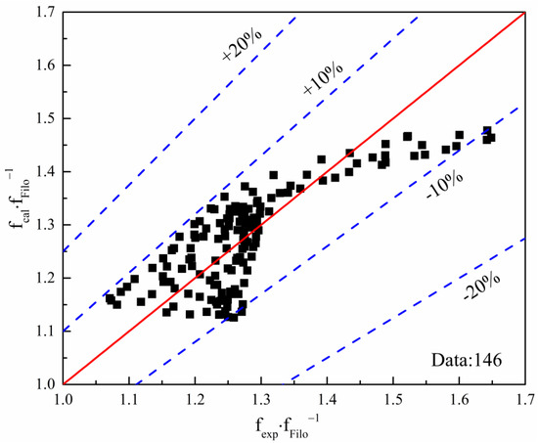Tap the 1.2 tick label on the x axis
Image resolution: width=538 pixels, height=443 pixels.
[x=195, y=400]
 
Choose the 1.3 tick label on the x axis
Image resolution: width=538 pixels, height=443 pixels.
[x=261, y=400]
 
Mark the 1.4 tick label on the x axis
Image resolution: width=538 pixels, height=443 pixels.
[x=327, y=400]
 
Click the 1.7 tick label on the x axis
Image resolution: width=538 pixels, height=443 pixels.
[x=523, y=400]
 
